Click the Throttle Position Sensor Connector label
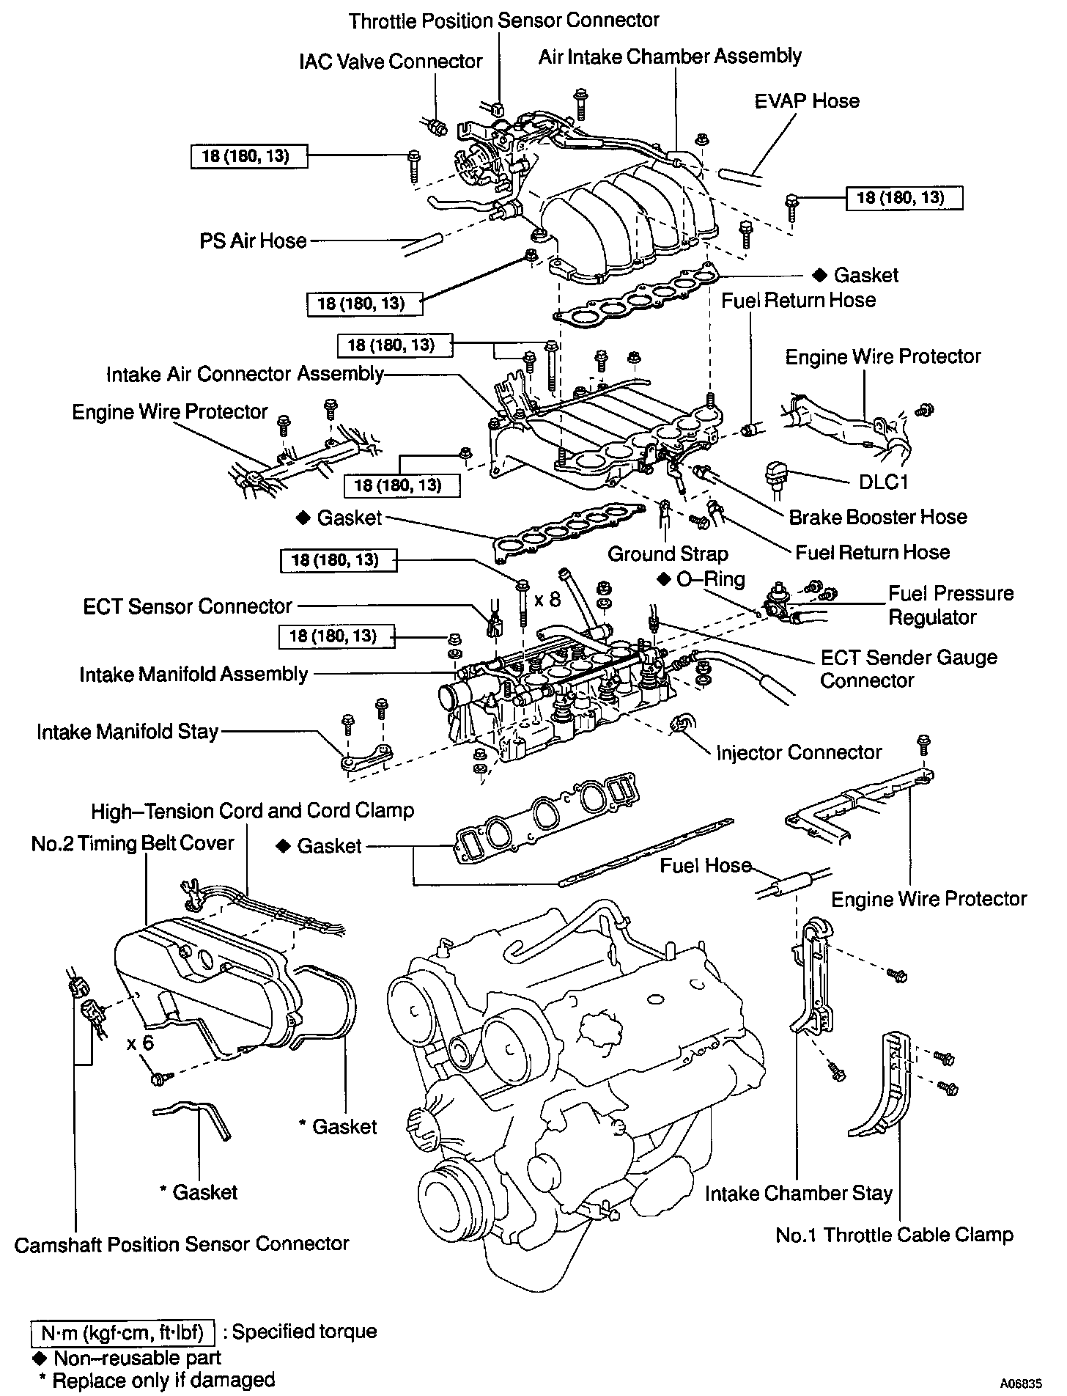click(x=503, y=21)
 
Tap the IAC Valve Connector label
click(x=391, y=61)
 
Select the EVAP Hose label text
click(x=807, y=101)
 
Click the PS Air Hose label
click(x=253, y=240)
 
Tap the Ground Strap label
click(x=668, y=554)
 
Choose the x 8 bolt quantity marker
click(x=547, y=599)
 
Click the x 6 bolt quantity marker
click(x=140, y=1042)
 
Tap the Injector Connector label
click(x=799, y=752)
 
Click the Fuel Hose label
click(x=706, y=866)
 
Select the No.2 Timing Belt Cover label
click(x=133, y=843)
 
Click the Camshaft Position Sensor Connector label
click(x=182, y=1243)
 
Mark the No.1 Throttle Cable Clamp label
click(x=894, y=1235)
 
